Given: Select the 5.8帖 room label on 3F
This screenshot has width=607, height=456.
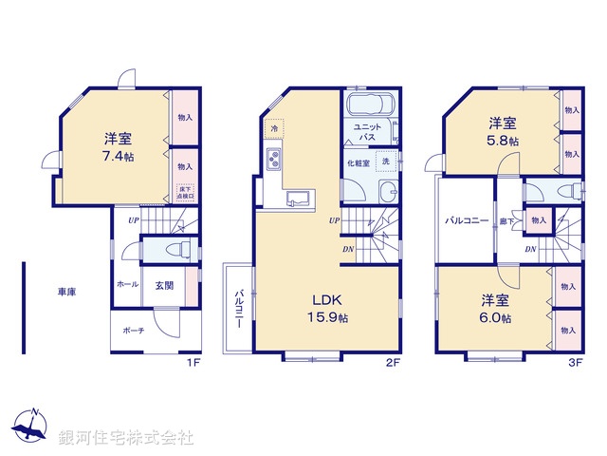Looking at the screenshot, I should coord(503,140).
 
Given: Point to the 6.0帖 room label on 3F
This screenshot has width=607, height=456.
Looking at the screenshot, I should coord(493,317).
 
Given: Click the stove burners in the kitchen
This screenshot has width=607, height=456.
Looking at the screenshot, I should coord(272,161).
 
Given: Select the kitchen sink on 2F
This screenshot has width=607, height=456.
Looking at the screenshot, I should coord(297,198).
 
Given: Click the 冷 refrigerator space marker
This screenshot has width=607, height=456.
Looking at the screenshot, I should coord(274,127).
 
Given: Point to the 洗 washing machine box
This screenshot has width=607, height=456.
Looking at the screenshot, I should coord(385,162).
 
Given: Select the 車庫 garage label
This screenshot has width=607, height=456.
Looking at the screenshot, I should coord(65,292).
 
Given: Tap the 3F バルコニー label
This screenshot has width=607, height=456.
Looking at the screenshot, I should coord(468,220).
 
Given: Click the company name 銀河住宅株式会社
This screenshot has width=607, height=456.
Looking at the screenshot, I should coord(127,438).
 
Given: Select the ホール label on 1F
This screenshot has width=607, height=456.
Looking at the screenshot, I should coord(126,284).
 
